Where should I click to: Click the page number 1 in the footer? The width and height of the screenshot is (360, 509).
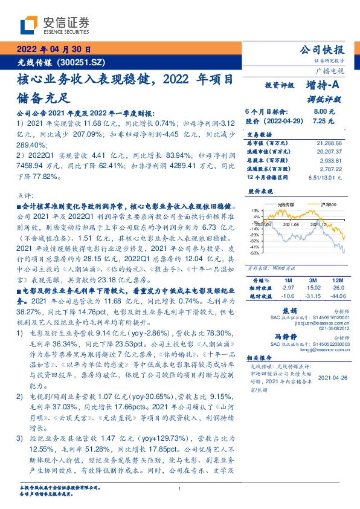pos(179,489)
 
